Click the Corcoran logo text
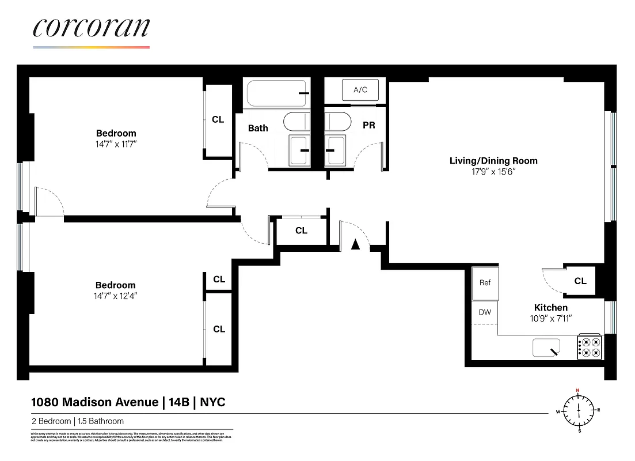[92, 28]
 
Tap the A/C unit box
[360, 90]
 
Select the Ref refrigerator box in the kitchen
[485, 283]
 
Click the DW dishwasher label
[485, 312]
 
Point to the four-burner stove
[590, 347]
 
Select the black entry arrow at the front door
[355, 244]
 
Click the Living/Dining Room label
[493, 161]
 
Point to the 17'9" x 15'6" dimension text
[493, 172]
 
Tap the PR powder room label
[368, 124]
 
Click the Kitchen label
[550, 308]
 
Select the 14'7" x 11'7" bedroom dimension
[116, 144]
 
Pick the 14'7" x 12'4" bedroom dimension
[116, 296]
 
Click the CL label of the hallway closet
[301, 231]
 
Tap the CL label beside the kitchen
[580, 281]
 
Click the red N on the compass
[577, 390]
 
